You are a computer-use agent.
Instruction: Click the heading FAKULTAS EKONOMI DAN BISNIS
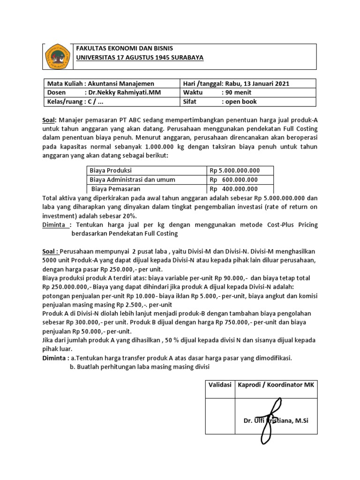pos(124,49)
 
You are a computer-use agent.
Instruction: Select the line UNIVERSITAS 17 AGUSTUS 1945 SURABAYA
pos(140,57)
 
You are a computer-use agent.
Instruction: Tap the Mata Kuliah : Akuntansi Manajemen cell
pos(100,84)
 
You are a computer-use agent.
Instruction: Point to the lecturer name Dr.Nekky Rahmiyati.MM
pos(124,93)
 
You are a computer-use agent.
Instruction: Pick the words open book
pos(242,102)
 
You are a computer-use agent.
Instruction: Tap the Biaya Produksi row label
pos(111,171)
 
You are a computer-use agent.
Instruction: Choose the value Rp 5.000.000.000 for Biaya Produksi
pos(234,171)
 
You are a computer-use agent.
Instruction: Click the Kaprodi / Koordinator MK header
pos(277,385)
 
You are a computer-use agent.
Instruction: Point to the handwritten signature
pos(272,420)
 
